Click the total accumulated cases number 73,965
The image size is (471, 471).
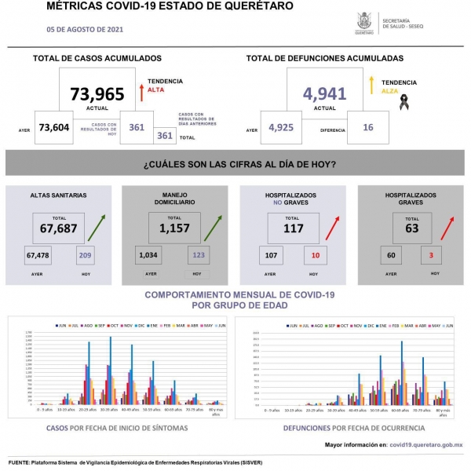click(x=97, y=95)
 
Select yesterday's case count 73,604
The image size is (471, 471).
click(x=55, y=128)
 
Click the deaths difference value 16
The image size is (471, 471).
click(x=367, y=128)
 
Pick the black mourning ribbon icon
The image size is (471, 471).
click(x=405, y=100)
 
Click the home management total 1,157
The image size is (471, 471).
click(x=174, y=229)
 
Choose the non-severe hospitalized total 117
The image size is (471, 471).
click(x=292, y=229)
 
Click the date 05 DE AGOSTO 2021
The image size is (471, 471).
click(x=85, y=29)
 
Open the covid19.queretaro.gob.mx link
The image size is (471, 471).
click(x=425, y=445)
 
